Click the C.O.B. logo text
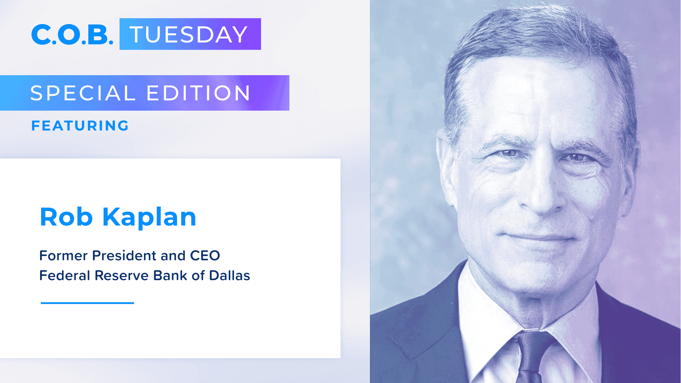(x=72, y=35)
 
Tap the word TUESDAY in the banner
(x=189, y=35)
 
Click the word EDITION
(x=198, y=93)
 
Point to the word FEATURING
(x=80, y=126)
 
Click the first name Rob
(x=66, y=217)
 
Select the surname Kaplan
(x=149, y=217)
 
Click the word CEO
(x=205, y=256)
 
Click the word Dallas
(x=229, y=276)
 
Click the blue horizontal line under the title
(x=87, y=303)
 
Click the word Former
(x=63, y=256)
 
